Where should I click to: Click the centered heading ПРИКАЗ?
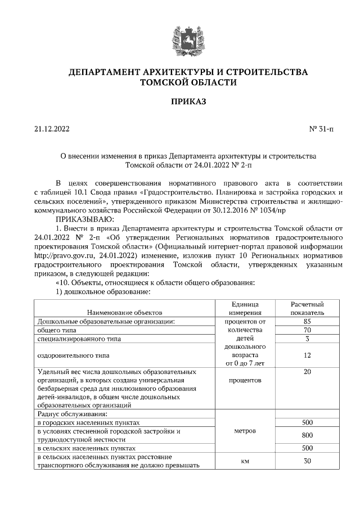[x=180, y=102]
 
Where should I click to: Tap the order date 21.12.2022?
[x=52, y=129]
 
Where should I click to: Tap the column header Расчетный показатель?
[x=307, y=308]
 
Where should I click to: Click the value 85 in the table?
[x=307, y=321]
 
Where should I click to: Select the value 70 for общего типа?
[x=307, y=330]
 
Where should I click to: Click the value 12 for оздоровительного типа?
[x=307, y=355]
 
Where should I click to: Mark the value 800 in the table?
[x=307, y=435]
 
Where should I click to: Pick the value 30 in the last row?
[x=307, y=461]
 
